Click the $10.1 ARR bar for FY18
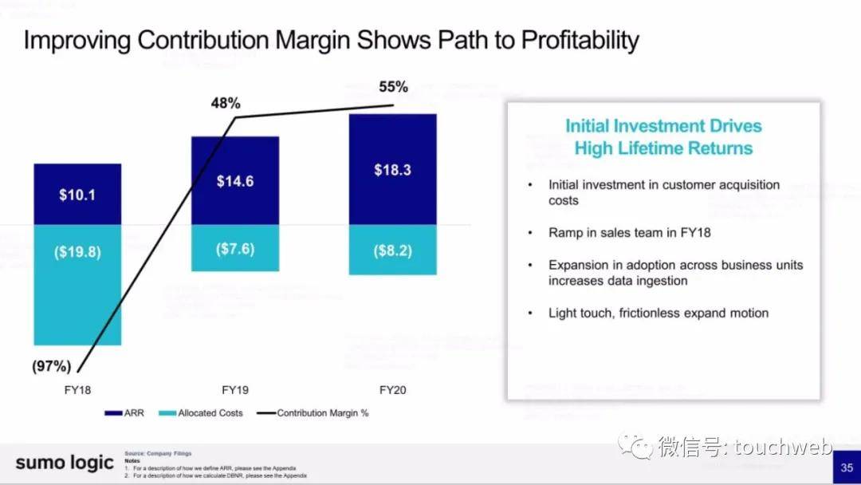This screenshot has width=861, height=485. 77,194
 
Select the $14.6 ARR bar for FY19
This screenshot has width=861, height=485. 234,180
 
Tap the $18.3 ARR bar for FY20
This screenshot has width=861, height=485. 392,169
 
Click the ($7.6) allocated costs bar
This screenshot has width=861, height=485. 234,248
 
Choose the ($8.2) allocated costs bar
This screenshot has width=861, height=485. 392,250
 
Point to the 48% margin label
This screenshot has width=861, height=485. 226,103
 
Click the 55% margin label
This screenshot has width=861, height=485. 393,87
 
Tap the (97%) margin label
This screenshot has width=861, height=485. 51,366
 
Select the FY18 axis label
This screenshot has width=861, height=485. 77,391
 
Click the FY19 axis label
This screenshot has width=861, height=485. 234,391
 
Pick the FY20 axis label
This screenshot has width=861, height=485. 393,391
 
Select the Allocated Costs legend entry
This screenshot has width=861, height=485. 202,413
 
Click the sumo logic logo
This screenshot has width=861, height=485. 64,463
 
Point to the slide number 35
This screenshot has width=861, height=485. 846,467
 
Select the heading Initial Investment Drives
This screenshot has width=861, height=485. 663,126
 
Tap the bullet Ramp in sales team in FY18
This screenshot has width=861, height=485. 630,233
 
